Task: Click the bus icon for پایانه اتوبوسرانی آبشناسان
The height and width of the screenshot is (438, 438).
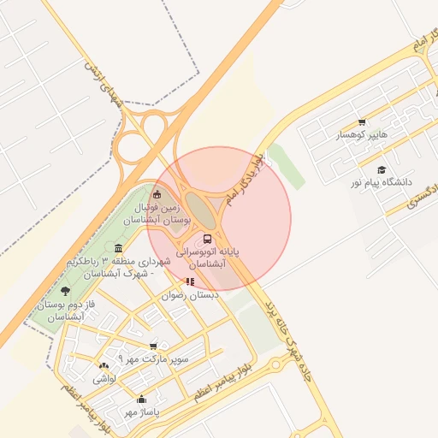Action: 207,238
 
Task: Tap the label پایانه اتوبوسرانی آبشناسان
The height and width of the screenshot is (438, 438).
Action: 208,259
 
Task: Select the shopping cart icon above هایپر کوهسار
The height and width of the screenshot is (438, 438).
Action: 362,121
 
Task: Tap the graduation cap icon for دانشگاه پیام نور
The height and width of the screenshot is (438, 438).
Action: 381,169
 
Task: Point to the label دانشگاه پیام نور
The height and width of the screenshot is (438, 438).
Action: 381,183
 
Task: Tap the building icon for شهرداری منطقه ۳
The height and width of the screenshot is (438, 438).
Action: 117,248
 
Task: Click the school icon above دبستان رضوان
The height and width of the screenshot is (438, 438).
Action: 190,281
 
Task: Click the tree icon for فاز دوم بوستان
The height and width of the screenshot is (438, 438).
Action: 66,292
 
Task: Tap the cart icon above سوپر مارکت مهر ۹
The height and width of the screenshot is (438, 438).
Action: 153,346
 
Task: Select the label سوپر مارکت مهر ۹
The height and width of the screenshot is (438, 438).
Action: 153,359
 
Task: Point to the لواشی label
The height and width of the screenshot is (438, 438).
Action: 104,377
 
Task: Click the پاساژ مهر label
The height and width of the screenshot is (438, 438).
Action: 141,412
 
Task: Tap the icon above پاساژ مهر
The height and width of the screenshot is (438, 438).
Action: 141,399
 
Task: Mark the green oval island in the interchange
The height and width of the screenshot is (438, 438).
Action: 198,207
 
